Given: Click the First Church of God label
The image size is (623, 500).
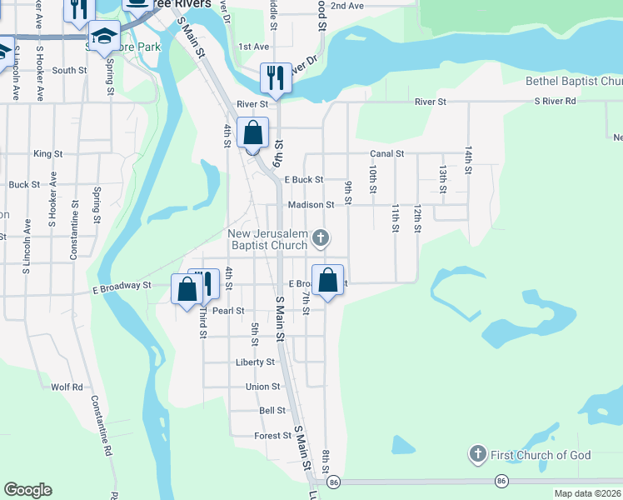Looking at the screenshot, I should coord(541,455).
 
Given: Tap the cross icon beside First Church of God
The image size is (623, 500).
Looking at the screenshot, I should coord(477,454).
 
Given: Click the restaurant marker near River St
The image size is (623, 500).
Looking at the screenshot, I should coord(275,78).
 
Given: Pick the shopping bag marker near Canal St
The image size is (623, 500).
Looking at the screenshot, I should coord(252,133).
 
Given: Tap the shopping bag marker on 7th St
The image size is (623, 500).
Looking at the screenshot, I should coord(328,280).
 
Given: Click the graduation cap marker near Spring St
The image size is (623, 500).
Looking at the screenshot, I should coord(104,37).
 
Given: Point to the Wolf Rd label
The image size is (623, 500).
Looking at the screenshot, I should coord(67,387).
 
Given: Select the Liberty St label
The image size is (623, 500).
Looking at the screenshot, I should coord(255,362).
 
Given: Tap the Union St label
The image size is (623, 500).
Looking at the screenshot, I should coord(262,387).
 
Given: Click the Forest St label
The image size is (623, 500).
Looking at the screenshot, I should coord(272,435).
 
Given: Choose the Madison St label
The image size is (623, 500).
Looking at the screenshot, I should coord(311,204).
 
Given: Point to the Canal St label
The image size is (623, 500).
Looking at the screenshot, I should coord(386,154).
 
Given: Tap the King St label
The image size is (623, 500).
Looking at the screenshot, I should coord(47,154).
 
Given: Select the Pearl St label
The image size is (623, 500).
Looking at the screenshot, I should coord(227,311).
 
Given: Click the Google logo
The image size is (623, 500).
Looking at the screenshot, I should coord(27,490).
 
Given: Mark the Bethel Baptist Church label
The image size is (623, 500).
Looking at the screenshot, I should coord(574,82).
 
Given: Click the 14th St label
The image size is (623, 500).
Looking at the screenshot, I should coord(469,157).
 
